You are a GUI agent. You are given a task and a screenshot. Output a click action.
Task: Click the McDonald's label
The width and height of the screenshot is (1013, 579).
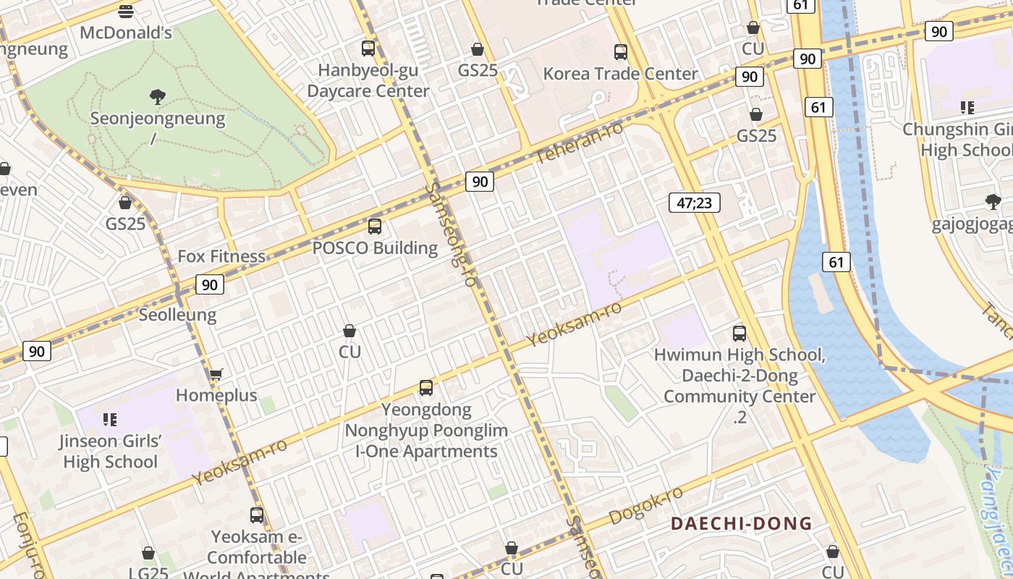(126, 33)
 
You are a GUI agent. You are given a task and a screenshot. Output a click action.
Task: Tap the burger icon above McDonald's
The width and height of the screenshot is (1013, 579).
(126, 11)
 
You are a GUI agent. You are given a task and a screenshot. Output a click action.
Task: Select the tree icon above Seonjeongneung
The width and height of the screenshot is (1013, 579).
(157, 96)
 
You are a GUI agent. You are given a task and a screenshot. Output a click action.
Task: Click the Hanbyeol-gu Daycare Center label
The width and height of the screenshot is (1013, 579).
(368, 81)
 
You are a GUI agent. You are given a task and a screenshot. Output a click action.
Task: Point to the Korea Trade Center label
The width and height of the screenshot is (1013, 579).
(620, 74)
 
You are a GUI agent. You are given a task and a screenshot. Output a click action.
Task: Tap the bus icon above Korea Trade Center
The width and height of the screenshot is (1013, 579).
(621, 52)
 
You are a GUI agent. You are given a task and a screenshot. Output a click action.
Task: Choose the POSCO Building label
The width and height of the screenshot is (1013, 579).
(375, 248)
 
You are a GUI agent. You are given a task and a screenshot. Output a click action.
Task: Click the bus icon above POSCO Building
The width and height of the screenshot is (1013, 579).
(375, 227)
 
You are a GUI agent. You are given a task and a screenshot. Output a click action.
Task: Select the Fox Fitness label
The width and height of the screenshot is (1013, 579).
(221, 256)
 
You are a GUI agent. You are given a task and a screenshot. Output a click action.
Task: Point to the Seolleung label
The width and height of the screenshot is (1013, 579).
(177, 315)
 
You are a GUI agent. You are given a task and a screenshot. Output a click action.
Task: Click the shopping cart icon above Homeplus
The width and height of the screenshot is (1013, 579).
(216, 374)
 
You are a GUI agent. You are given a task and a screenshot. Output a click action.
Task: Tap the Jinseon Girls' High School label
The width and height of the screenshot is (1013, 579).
(110, 451)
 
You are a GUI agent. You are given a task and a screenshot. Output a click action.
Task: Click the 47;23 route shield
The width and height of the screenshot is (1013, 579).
(694, 203)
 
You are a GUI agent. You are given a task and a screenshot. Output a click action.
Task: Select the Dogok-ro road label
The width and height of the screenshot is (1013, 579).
(646, 505)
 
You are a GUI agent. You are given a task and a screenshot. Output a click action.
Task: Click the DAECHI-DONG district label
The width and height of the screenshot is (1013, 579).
(742, 523)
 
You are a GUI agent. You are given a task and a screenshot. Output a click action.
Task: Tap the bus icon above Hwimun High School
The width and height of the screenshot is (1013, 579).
(739, 334)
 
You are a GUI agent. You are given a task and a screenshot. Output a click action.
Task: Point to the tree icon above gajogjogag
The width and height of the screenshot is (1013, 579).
(993, 202)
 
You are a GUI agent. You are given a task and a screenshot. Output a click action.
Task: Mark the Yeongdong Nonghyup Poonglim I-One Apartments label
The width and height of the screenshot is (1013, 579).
(426, 431)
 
